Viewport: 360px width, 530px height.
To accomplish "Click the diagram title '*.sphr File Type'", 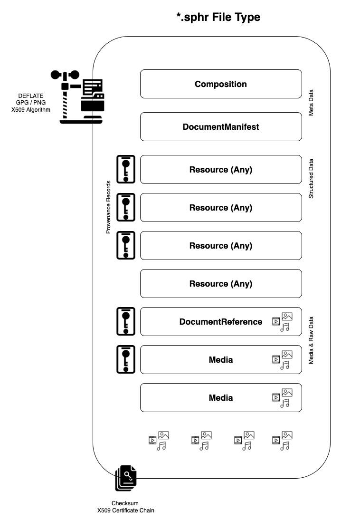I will point(218,18).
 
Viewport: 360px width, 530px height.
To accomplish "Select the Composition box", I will point(221,84).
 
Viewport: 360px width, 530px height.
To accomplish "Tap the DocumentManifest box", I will point(221,127).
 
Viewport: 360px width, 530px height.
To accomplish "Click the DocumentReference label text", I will point(221,322).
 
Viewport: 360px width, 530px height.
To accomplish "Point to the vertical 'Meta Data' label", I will point(312,103).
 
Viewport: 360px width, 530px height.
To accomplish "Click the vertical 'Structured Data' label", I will point(312,179).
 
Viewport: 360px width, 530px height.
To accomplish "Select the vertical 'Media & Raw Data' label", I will point(312,340).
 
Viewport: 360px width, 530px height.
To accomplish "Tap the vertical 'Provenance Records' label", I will point(108,207).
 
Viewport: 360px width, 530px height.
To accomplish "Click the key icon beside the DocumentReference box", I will point(126,321).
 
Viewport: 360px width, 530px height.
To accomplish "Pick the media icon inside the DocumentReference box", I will point(282,322).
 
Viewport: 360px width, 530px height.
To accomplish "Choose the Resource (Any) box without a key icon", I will point(221,284).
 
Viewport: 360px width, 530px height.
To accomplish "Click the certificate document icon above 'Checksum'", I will point(126,478).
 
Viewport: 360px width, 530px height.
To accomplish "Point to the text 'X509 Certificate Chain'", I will point(126,511).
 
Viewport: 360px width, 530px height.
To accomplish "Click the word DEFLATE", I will point(31,96).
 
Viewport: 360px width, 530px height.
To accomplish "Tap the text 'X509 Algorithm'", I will point(31,110).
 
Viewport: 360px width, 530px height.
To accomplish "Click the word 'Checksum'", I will point(125,503).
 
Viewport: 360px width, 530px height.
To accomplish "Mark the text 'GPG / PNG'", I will point(31,103).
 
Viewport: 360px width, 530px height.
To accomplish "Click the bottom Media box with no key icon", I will point(221,398).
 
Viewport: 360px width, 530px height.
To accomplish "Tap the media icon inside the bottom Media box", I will point(282,398).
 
